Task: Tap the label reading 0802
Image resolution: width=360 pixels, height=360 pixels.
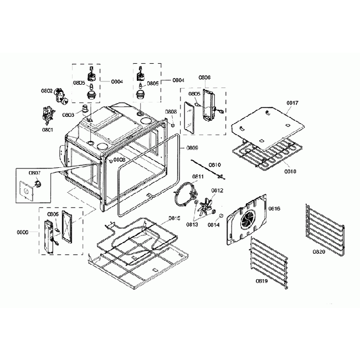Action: [x=47, y=91]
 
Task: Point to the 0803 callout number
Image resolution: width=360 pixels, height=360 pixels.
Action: [x=68, y=115]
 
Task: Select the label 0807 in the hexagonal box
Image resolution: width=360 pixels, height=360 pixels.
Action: [x=27, y=173]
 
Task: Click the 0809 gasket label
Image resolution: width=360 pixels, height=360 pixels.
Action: [x=192, y=148]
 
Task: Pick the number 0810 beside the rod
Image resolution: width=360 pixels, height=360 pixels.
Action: [x=215, y=165]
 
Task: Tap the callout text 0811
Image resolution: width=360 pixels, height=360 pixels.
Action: [x=198, y=177]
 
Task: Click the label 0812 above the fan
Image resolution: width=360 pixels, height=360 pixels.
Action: [x=217, y=191]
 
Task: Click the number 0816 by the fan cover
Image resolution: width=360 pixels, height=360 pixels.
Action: [x=274, y=209]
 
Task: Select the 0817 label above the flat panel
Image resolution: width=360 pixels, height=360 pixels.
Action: [x=292, y=103]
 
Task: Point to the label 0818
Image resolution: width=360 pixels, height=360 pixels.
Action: [x=290, y=172]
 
